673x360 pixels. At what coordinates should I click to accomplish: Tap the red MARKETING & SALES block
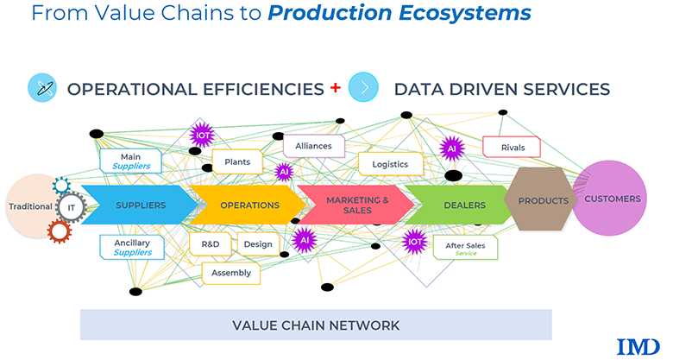pyautogui.click(x=355, y=205)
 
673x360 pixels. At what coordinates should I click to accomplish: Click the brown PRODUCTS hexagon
pyautogui.click(x=542, y=200)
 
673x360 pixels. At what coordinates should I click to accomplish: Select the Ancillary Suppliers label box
pyautogui.click(x=131, y=248)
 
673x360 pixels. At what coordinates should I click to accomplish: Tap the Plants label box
pyautogui.click(x=237, y=161)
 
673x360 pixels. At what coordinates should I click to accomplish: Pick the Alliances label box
pyautogui.click(x=313, y=146)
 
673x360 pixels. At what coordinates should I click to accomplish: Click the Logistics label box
pyautogui.click(x=390, y=164)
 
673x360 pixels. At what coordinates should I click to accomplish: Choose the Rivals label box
pyautogui.click(x=513, y=148)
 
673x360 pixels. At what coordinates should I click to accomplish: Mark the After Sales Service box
pyautogui.click(x=465, y=249)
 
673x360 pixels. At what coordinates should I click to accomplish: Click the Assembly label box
pyautogui.click(x=230, y=273)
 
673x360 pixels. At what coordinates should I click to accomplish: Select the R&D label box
pyautogui.click(x=210, y=244)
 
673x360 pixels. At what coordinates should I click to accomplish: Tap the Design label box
pyautogui.click(x=257, y=244)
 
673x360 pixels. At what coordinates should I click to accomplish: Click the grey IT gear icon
pyautogui.click(x=71, y=206)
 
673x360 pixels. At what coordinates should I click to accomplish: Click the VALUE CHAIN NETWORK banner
pyautogui.click(x=316, y=325)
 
